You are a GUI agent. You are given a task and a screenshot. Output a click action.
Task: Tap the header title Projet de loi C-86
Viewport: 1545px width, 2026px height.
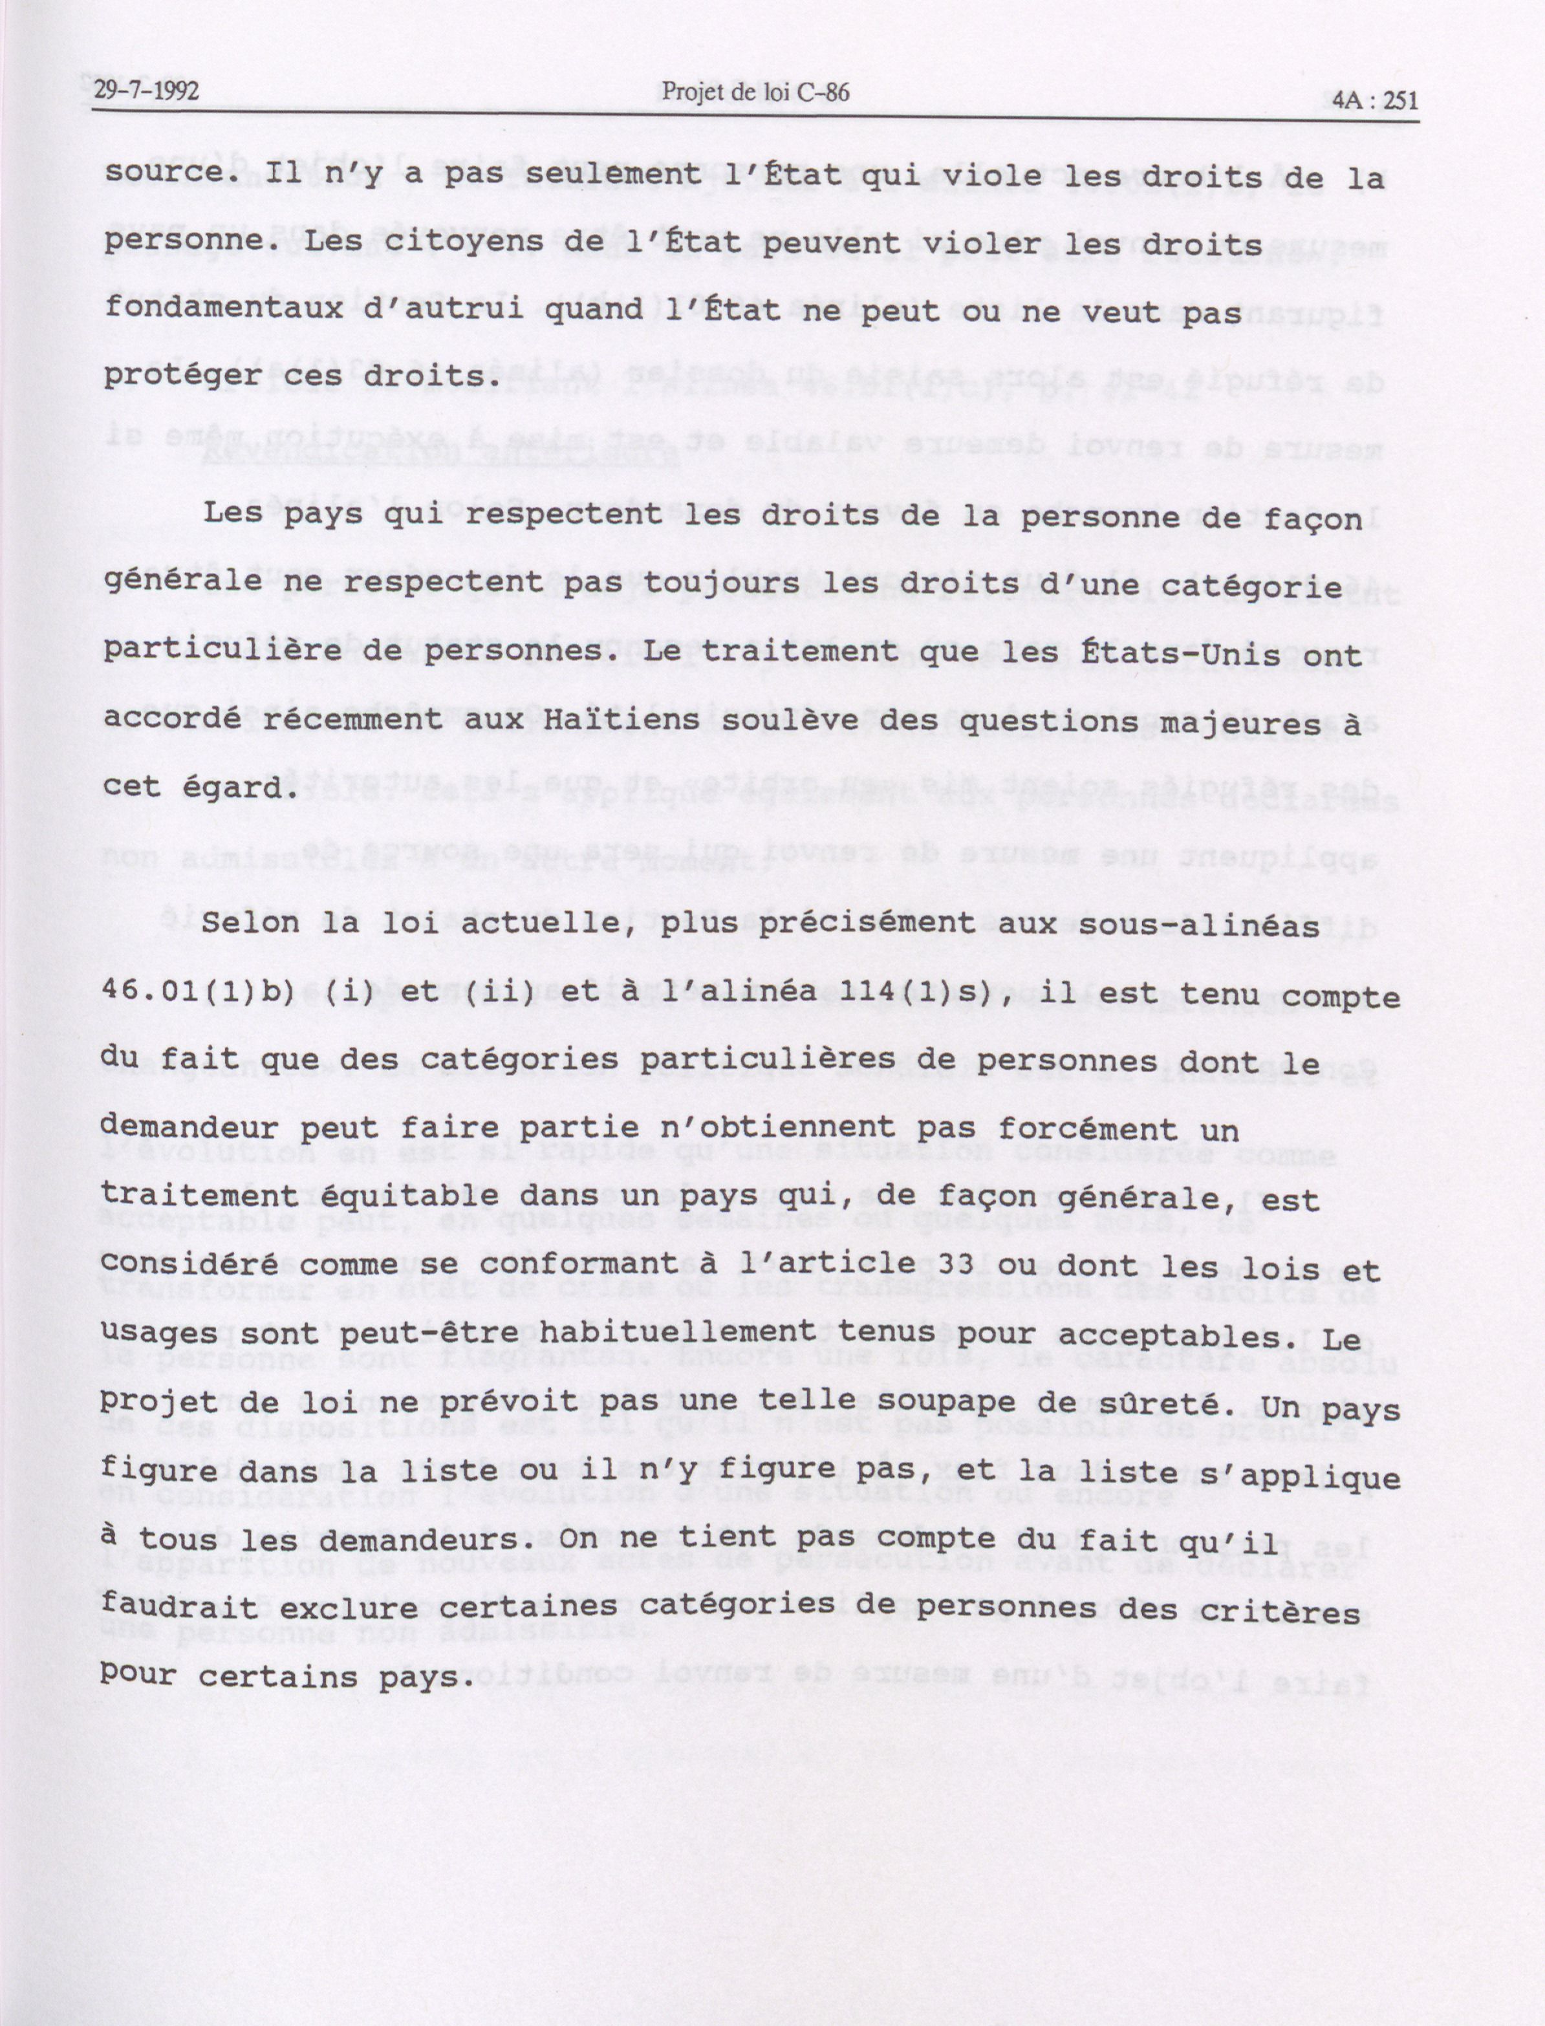(x=754, y=92)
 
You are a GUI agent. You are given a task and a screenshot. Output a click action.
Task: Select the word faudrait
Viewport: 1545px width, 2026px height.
(x=181, y=1608)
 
